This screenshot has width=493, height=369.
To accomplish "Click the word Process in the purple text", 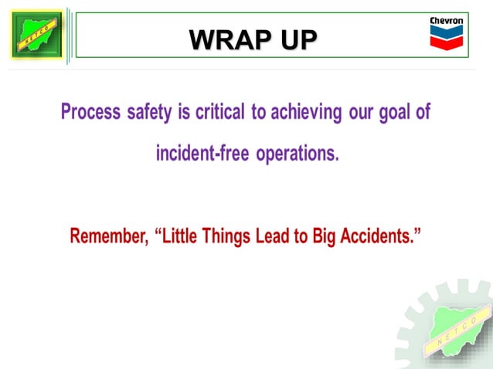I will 90,113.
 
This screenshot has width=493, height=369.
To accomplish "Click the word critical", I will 219,113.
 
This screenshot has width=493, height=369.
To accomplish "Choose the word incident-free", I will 202,154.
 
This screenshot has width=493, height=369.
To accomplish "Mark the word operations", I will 297,154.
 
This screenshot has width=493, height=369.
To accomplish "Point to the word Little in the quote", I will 181,236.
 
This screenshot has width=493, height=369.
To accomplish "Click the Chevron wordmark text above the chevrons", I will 446,20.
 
